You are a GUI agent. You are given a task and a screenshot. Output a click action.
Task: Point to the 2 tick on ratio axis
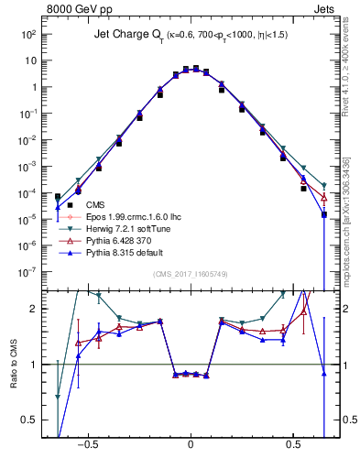33,309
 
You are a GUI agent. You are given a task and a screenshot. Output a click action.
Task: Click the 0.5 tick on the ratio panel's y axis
29,420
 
